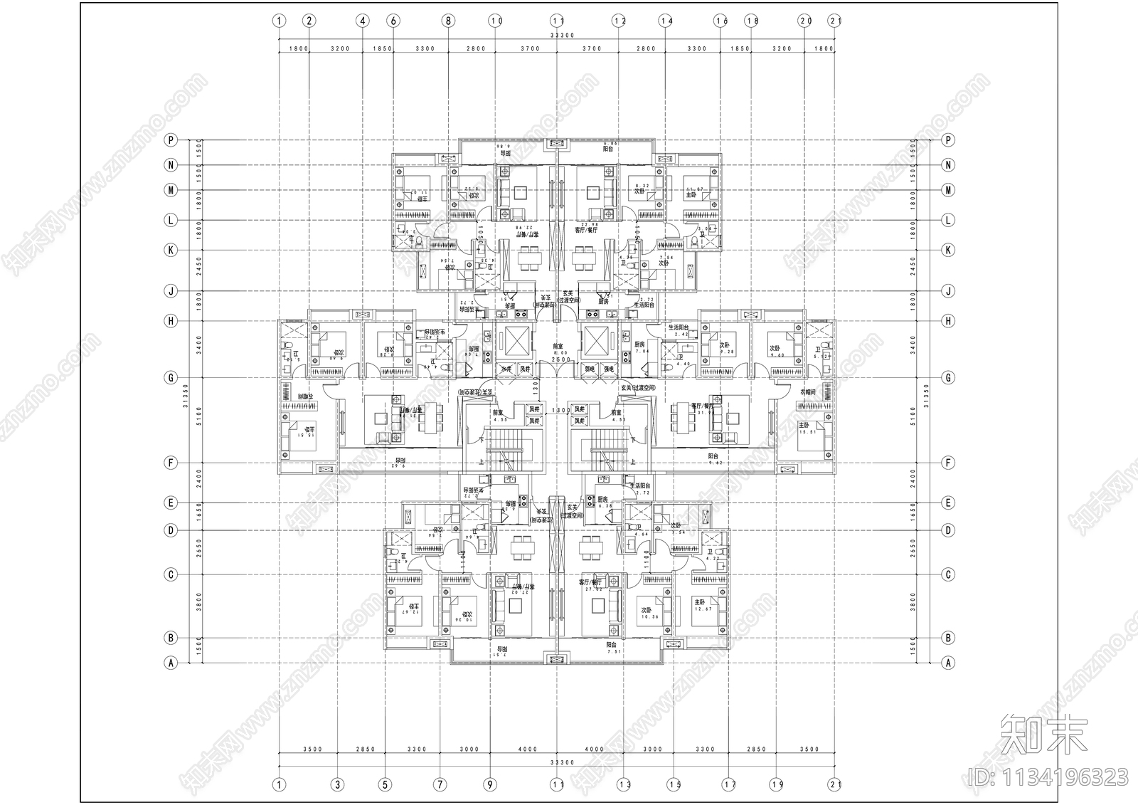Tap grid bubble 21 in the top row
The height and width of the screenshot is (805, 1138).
point(835,21)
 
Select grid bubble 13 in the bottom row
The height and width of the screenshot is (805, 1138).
point(624,785)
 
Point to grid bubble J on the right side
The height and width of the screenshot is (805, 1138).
point(947,291)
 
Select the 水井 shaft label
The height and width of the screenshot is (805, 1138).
point(505,369)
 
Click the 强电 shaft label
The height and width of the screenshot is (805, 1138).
point(610,369)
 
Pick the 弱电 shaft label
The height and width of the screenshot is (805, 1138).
point(590,369)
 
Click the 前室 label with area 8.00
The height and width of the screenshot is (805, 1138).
point(561,346)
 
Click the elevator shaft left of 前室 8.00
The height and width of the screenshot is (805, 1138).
point(514,342)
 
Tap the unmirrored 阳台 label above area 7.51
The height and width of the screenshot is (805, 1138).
point(611,643)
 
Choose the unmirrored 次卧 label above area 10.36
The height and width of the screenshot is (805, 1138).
point(647,610)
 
